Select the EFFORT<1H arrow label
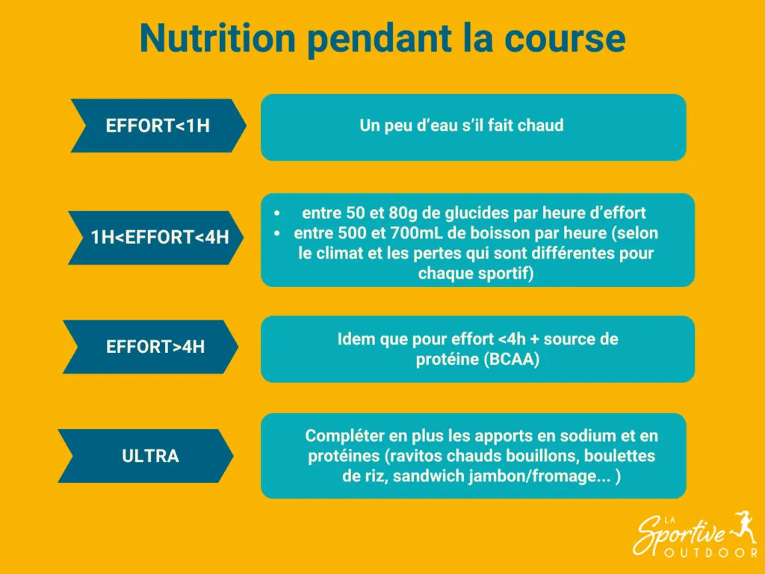[158, 126]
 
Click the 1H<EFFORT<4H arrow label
[159, 238]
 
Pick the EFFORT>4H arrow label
[155, 347]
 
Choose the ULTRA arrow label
[150, 455]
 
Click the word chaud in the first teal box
[540, 126]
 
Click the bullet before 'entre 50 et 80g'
[277, 213]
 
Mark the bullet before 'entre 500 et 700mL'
[277, 233]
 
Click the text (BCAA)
[511, 359]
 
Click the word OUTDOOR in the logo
[710, 553]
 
